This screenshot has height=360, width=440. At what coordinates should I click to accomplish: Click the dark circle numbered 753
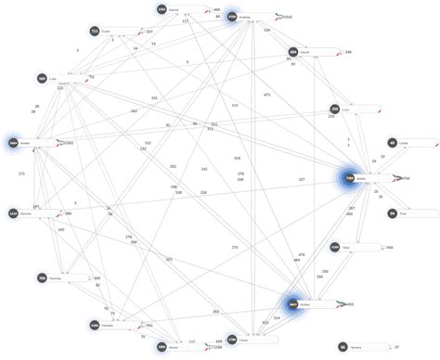[x=95, y=32]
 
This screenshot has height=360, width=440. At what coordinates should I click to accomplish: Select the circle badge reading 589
[x=42, y=79]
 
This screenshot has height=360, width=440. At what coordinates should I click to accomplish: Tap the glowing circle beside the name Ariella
[x=14, y=143]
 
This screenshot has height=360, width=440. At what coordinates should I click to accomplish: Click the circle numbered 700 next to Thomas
[x=42, y=277]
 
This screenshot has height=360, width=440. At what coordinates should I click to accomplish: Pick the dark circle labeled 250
[x=334, y=109]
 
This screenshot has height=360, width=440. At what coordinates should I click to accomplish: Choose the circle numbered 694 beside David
[x=292, y=53]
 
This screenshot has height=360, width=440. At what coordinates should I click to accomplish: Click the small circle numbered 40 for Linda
[x=392, y=143]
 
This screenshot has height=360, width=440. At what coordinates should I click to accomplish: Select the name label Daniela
[x=108, y=326]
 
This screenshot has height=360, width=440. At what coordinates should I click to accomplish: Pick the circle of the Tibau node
[x=334, y=248]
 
